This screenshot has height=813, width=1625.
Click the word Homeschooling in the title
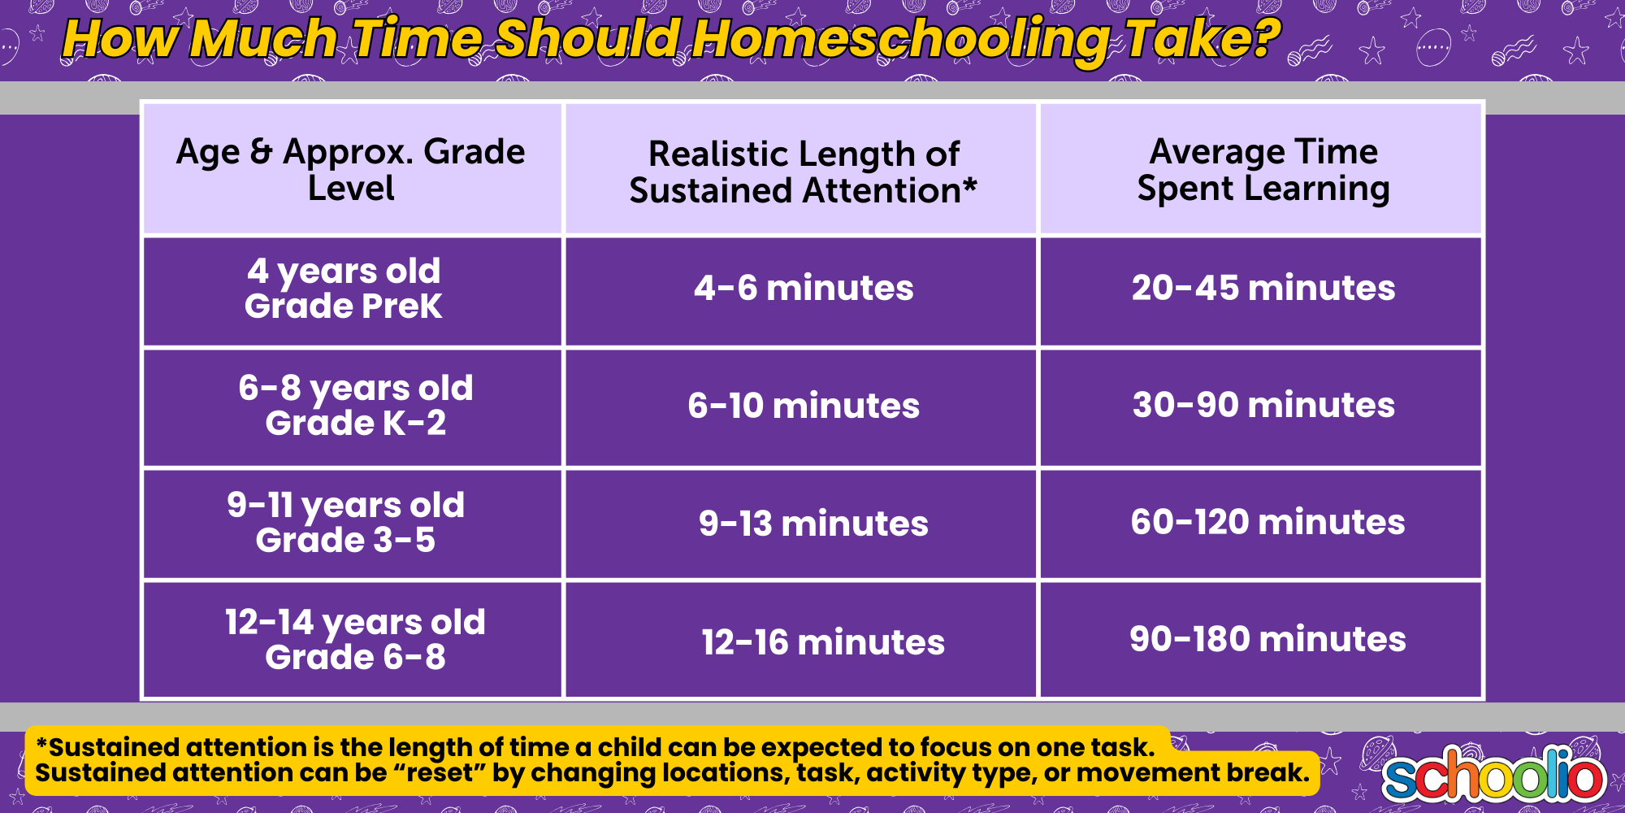click(899, 40)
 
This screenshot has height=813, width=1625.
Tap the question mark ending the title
click(1263, 37)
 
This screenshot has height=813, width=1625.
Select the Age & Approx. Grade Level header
click(351, 169)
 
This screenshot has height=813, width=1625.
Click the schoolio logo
click(1493, 774)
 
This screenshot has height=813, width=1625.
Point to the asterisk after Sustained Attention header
click(970, 185)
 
